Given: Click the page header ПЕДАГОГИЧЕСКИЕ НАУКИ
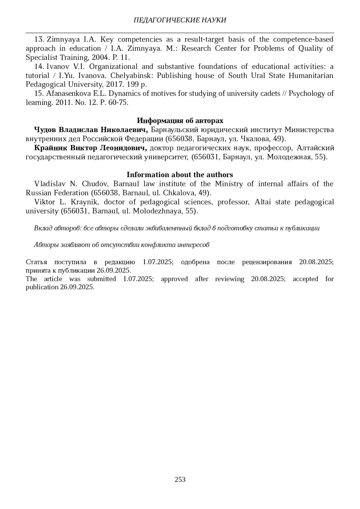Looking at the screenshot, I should click(180, 20).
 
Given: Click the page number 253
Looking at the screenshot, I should click(180, 479).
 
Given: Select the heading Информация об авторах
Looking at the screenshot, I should click(180, 121).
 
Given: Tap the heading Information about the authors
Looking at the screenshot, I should click(180, 175).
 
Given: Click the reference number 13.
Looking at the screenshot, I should click(39, 39).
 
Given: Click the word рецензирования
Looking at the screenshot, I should click(267, 262).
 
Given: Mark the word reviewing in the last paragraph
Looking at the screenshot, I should click(229, 279).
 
